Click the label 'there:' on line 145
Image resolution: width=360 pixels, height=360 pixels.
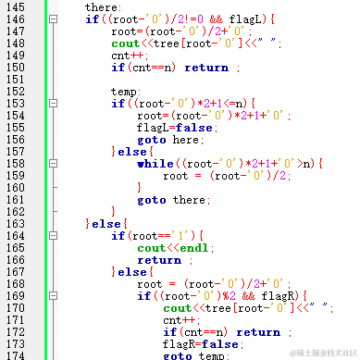(x=103, y=7)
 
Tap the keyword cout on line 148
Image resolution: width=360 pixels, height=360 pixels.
(x=125, y=43)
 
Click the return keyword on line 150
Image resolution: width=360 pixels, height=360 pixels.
(x=205, y=68)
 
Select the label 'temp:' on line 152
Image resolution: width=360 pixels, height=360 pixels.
(x=125, y=92)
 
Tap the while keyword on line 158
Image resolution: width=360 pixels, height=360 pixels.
(x=155, y=164)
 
